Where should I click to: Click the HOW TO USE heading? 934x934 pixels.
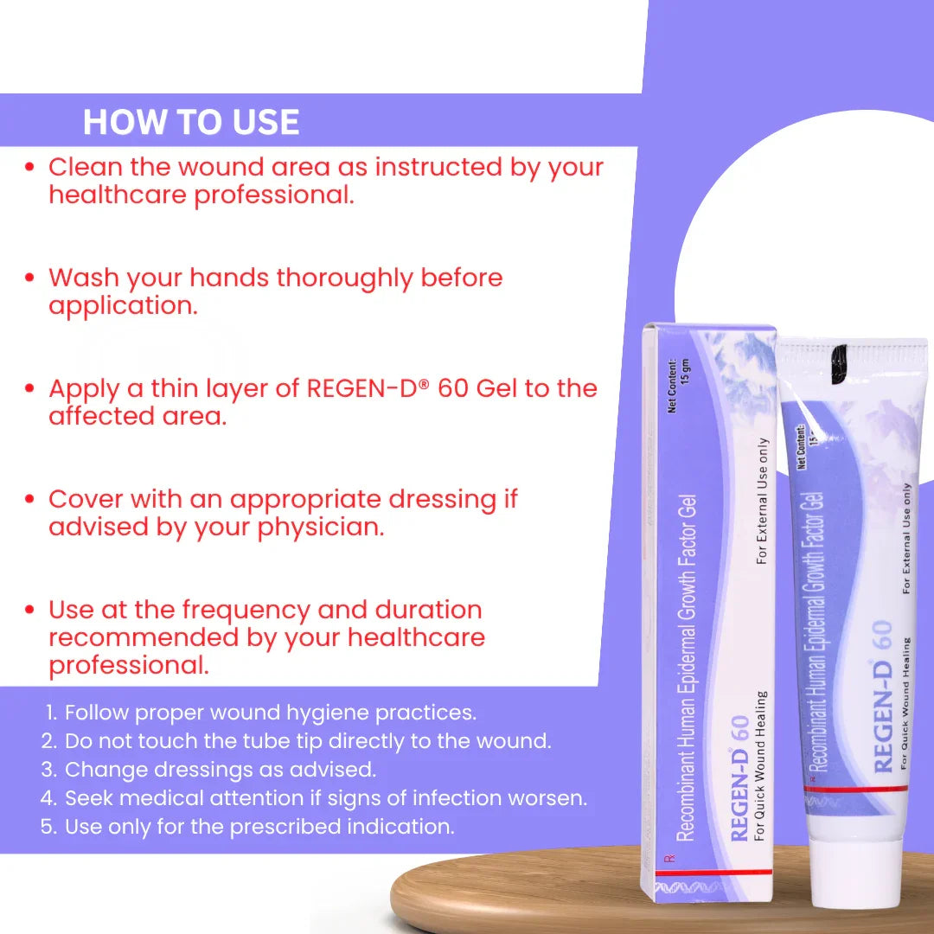[190, 122]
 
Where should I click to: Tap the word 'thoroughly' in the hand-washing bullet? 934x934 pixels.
[343, 278]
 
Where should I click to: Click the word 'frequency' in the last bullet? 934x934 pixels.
[246, 611]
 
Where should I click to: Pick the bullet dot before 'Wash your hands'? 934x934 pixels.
[29, 278]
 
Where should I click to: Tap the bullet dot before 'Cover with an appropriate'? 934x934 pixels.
[29, 499]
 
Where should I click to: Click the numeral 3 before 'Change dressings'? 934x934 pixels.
[48, 770]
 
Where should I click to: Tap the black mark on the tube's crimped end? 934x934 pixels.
[839, 363]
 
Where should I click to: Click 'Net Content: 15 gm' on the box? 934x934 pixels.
[678, 386]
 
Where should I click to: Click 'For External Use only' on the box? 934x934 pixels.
[762, 501]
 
